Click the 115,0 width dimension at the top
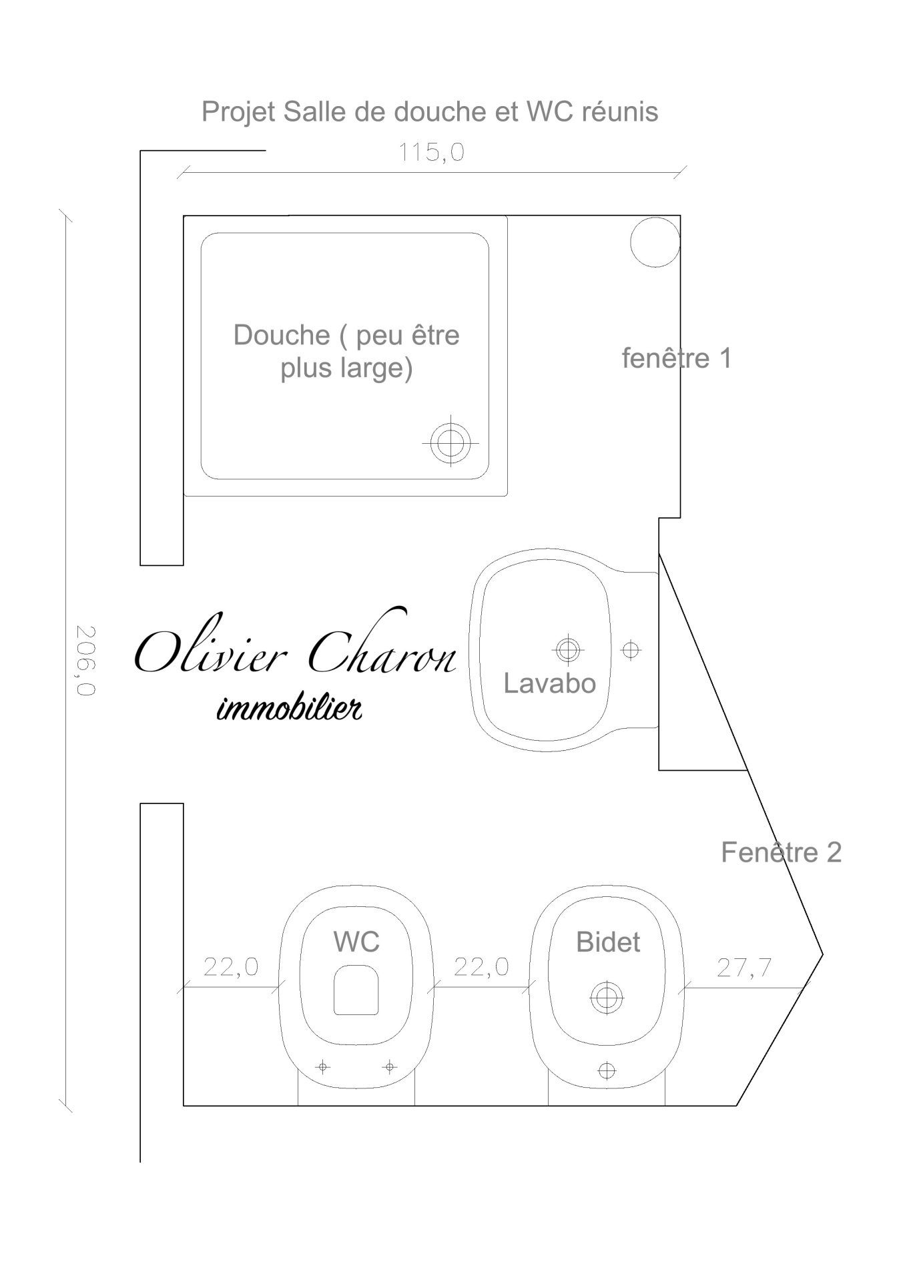[431, 153]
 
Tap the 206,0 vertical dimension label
[85, 660]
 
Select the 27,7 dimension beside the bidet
[744, 967]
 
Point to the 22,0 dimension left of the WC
[231, 966]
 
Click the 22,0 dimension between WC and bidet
[481, 966]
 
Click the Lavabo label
[549, 683]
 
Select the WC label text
[356, 942]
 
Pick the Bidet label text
[608, 942]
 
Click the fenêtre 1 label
[677, 358]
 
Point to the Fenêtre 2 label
[781, 852]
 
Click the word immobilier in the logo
[290, 708]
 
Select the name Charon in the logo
[382, 645]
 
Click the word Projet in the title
[238, 112]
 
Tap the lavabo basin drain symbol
[567, 649]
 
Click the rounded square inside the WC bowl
[356, 990]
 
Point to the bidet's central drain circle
[607, 998]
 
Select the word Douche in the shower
[281, 335]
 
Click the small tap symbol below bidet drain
[607, 1070]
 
